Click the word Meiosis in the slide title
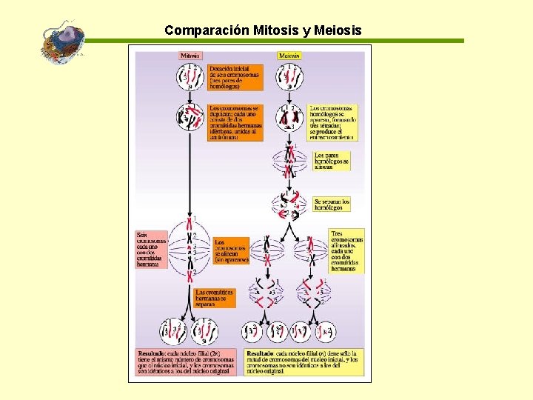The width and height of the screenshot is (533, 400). click(x=338, y=30)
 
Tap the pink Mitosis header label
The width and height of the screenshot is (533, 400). click(x=190, y=56)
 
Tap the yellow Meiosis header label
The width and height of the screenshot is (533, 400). click(x=289, y=56)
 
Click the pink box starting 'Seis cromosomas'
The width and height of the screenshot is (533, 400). click(x=151, y=248)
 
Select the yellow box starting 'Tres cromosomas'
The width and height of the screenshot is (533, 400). click(x=346, y=251)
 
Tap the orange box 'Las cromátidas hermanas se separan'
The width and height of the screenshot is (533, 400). click(x=215, y=298)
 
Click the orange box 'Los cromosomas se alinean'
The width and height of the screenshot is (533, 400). click(x=231, y=250)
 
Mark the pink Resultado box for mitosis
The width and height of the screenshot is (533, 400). click(x=187, y=361)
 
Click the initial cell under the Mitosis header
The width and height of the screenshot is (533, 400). click(x=189, y=76)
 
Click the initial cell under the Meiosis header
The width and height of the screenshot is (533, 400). click(x=290, y=76)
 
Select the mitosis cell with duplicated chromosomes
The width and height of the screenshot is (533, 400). click(x=189, y=117)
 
